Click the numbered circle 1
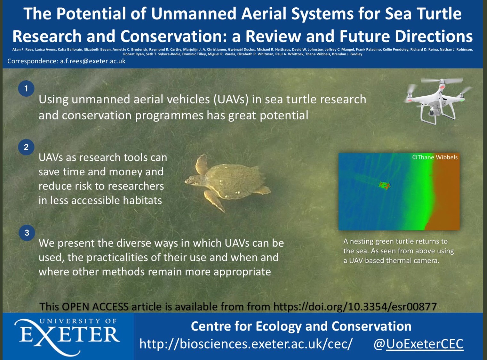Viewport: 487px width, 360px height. pyautogui.click(x=26, y=88)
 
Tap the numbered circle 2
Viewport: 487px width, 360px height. pyautogui.click(x=26, y=147)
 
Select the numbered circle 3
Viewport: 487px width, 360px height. pyautogui.click(x=27, y=233)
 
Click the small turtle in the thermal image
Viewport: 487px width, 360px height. pyautogui.click(x=385, y=186)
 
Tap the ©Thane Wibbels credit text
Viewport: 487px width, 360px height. pyautogui.click(x=435, y=157)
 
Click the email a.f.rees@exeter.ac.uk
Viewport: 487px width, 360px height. pyautogui.click(x=93, y=61)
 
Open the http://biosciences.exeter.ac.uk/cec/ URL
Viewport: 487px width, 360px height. pyautogui.click(x=246, y=344)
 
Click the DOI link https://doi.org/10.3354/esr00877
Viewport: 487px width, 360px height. pyautogui.click(x=355, y=307)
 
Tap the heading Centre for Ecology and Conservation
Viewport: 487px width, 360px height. pyautogui.click(x=301, y=326)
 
